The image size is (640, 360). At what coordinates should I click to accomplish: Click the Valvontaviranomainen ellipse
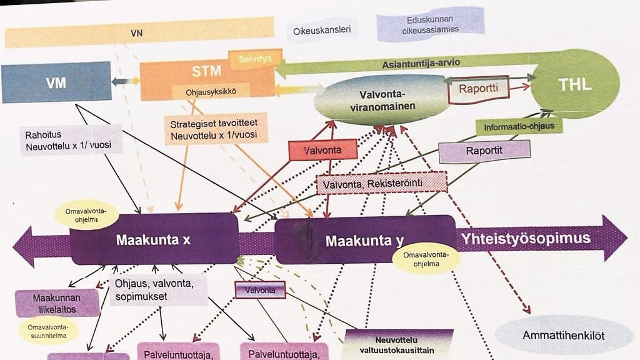pos(382,101)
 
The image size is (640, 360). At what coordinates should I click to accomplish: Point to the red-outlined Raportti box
pos(478,89)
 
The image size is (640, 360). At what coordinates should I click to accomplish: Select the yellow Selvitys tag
pos(255,59)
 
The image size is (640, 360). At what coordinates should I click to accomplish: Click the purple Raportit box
pos(484,151)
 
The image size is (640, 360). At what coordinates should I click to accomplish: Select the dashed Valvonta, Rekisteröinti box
pos(382,182)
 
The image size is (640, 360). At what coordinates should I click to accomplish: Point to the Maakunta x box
pos(154,238)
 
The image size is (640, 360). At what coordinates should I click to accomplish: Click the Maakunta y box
pos(365,240)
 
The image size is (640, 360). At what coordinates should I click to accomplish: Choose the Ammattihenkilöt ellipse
pos(563,336)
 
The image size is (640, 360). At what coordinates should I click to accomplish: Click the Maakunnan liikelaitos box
pos(57,303)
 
